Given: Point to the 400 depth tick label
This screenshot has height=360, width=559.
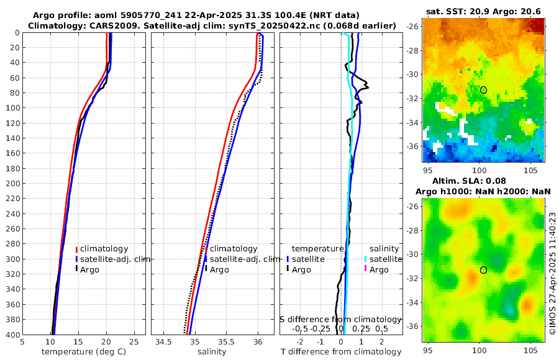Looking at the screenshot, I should (x=12, y=335).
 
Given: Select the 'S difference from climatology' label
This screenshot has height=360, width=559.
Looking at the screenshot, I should (x=341, y=318).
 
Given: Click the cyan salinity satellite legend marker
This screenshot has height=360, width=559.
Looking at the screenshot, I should (x=366, y=259).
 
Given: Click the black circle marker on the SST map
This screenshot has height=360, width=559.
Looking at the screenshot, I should (x=483, y=90).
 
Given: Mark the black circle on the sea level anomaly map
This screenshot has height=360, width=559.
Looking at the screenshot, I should (x=483, y=270).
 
